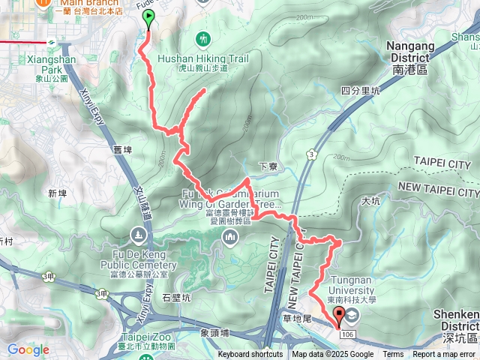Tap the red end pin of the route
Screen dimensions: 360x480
pyautogui.click(x=338, y=316)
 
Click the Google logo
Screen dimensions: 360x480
pyautogui.click(x=28, y=349)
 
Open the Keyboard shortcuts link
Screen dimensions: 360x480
pyautogui.click(x=250, y=355)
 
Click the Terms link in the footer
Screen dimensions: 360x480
pyautogui.click(x=393, y=355)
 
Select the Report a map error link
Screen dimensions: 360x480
pyautogui.click(x=445, y=355)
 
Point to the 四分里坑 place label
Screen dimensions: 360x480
pyautogui.click(x=361, y=91)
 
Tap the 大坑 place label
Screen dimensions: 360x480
pyautogui.click(x=370, y=200)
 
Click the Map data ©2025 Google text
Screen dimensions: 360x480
pyautogui.click(x=332, y=355)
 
